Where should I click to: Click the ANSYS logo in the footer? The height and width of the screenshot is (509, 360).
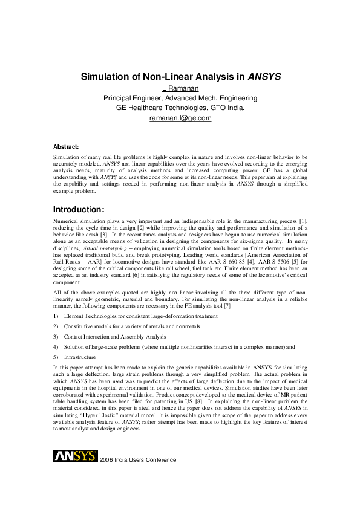(x=76, y=455)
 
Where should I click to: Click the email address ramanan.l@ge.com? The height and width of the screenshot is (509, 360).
(x=180, y=118)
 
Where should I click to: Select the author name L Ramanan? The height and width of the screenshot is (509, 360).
(x=180, y=88)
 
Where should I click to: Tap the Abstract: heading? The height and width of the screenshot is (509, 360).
(x=66, y=147)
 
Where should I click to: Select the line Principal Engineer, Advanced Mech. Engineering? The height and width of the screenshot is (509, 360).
(x=180, y=98)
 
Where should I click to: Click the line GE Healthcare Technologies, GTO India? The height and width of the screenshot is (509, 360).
(x=180, y=108)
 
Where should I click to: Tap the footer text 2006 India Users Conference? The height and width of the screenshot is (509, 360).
(x=139, y=460)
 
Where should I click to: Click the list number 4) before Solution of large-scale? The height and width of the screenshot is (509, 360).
(x=56, y=346)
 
